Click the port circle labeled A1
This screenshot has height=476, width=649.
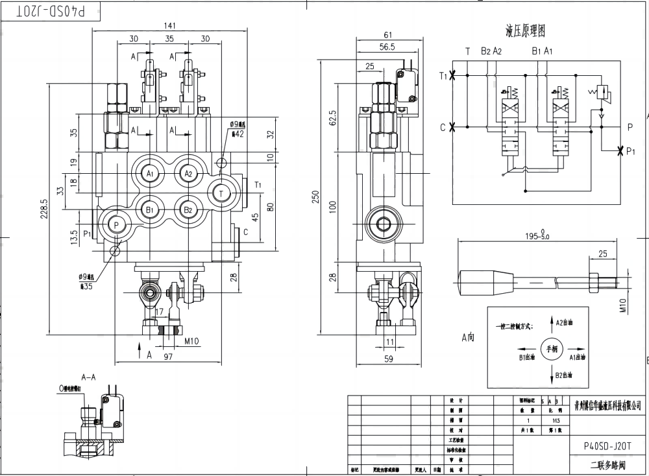pyautogui.click(x=150, y=174)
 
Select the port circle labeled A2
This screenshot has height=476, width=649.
pyautogui.click(x=188, y=174)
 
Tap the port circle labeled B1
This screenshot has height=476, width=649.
pyautogui.click(x=150, y=209)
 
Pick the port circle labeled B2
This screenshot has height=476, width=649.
pyautogui.click(x=188, y=209)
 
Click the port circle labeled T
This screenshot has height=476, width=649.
pyautogui.click(x=221, y=193)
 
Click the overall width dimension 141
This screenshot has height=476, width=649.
pyautogui.click(x=169, y=26)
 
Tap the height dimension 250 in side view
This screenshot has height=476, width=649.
pyautogui.click(x=315, y=197)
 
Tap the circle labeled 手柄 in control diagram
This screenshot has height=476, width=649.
pyautogui.click(x=552, y=348)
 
